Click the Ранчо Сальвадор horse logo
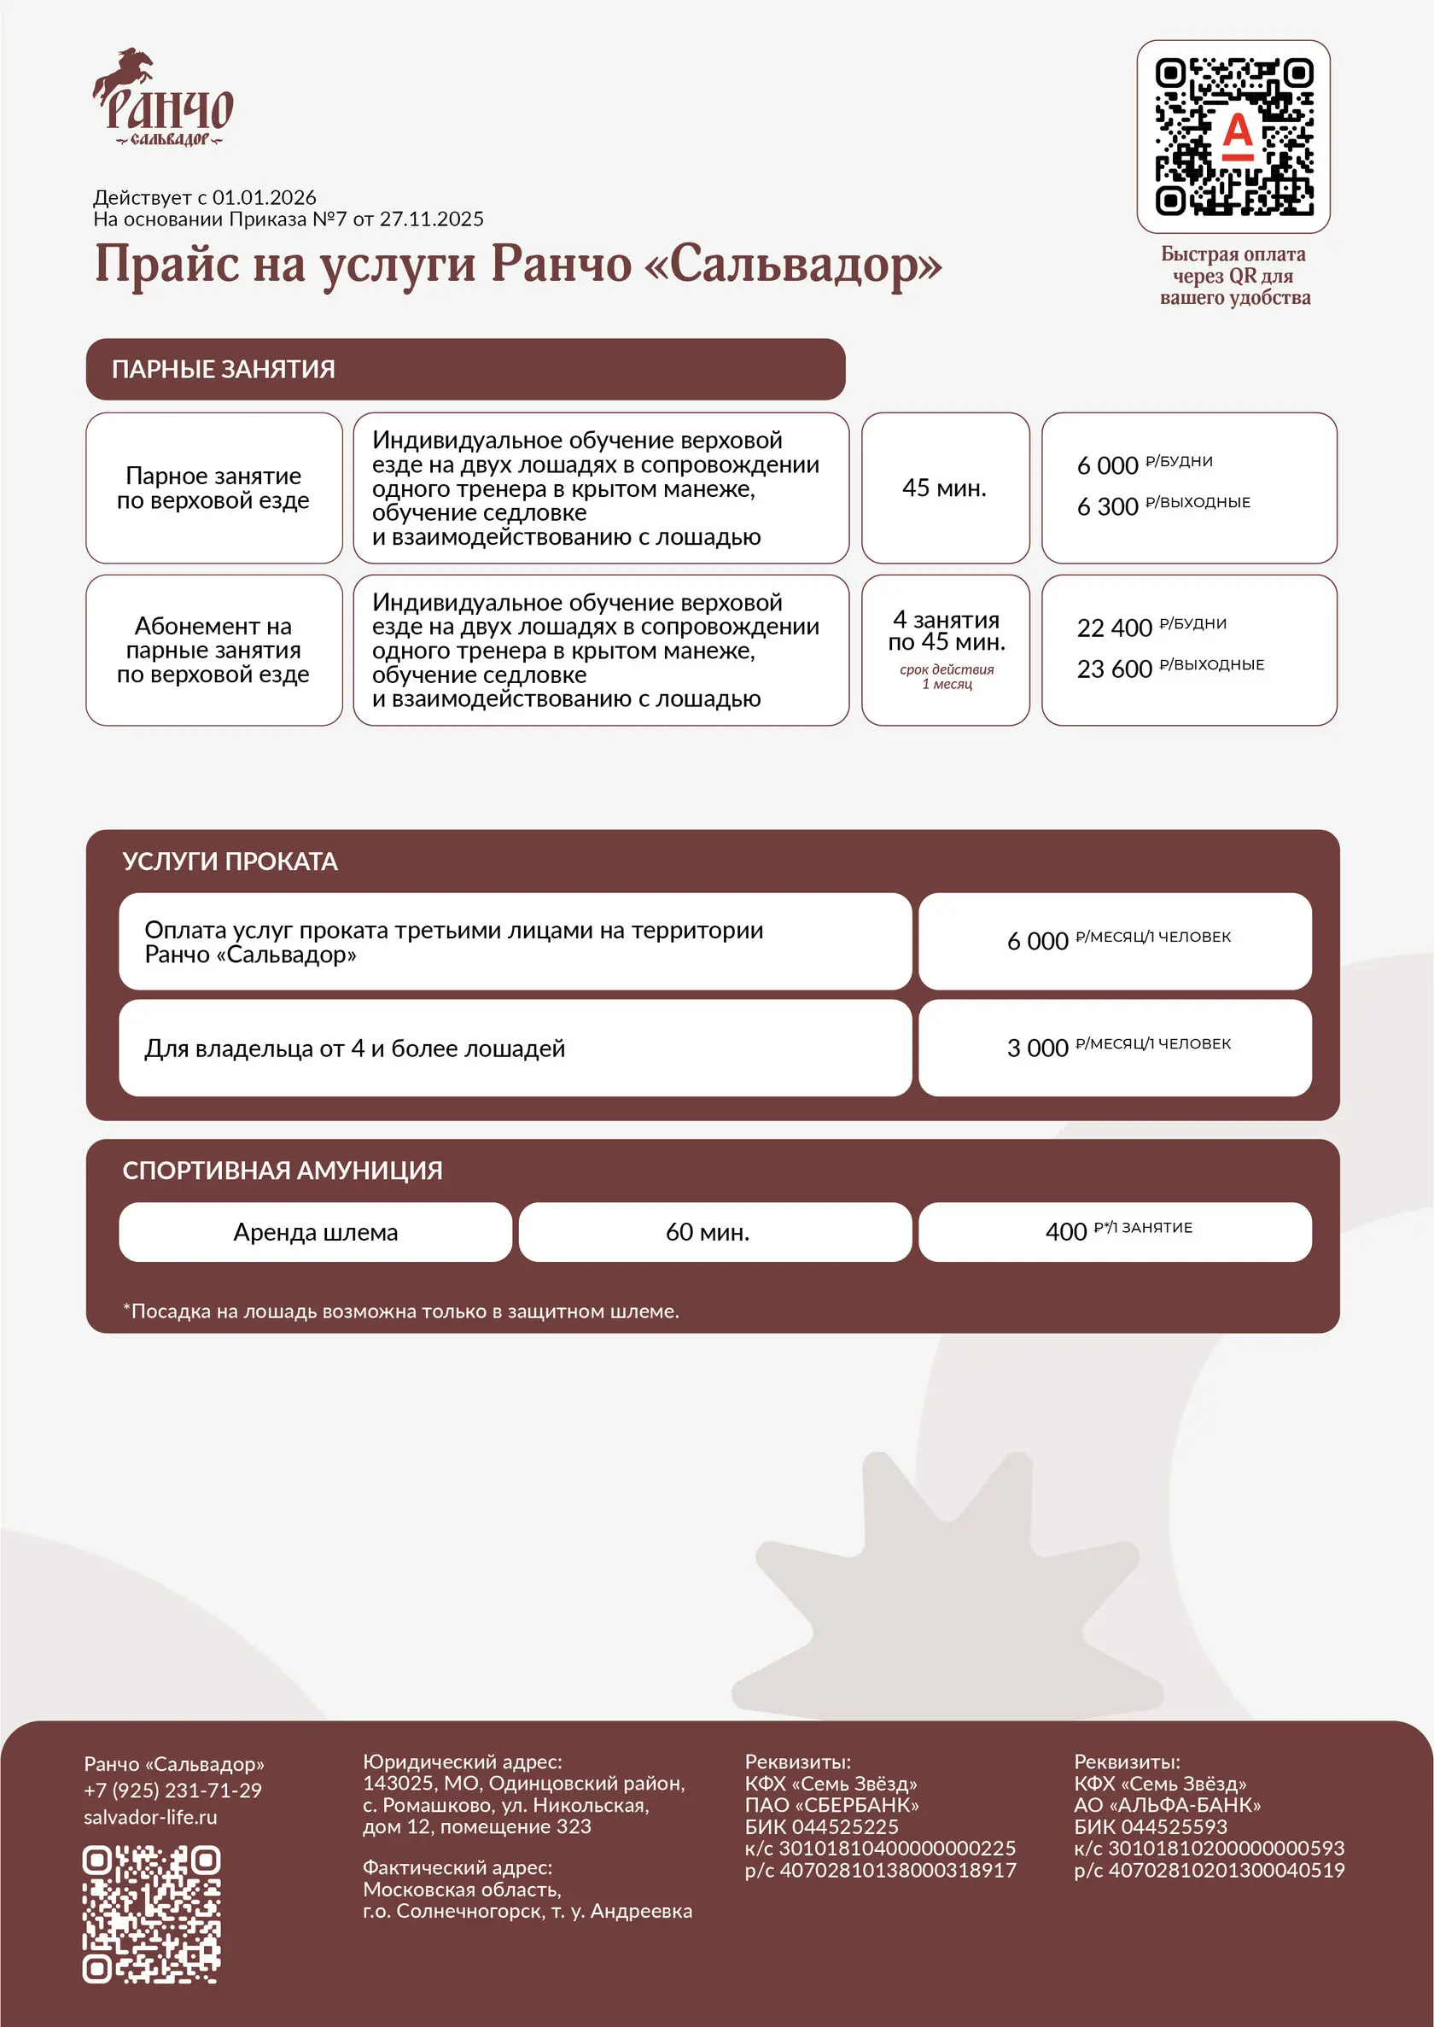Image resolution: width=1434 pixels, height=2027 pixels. (162, 98)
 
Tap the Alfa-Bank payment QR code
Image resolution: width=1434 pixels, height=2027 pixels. (1233, 136)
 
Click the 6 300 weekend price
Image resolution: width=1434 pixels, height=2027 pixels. (1107, 507)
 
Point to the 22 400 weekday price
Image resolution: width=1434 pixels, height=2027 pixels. (1115, 628)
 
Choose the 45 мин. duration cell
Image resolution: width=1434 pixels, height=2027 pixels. (944, 488)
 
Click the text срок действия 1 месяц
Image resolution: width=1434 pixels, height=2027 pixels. (947, 676)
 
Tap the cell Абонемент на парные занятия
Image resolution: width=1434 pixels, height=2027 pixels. (213, 650)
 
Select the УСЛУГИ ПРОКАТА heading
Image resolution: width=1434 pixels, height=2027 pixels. (230, 862)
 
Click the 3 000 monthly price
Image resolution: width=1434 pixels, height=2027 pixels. (1038, 1049)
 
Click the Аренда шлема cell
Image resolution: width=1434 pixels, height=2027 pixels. (315, 1232)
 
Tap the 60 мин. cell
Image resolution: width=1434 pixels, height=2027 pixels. (708, 1232)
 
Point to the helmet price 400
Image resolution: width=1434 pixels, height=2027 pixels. (1065, 1232)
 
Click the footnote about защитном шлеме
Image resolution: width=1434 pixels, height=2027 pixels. (401, 1311)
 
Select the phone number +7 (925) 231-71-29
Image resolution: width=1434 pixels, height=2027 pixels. (173, 1790)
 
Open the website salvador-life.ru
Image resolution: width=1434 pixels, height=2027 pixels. (150, 1817)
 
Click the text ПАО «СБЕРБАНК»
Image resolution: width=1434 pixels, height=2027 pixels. (831, 1804)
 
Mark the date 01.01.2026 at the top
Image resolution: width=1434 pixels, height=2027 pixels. (263, 198)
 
